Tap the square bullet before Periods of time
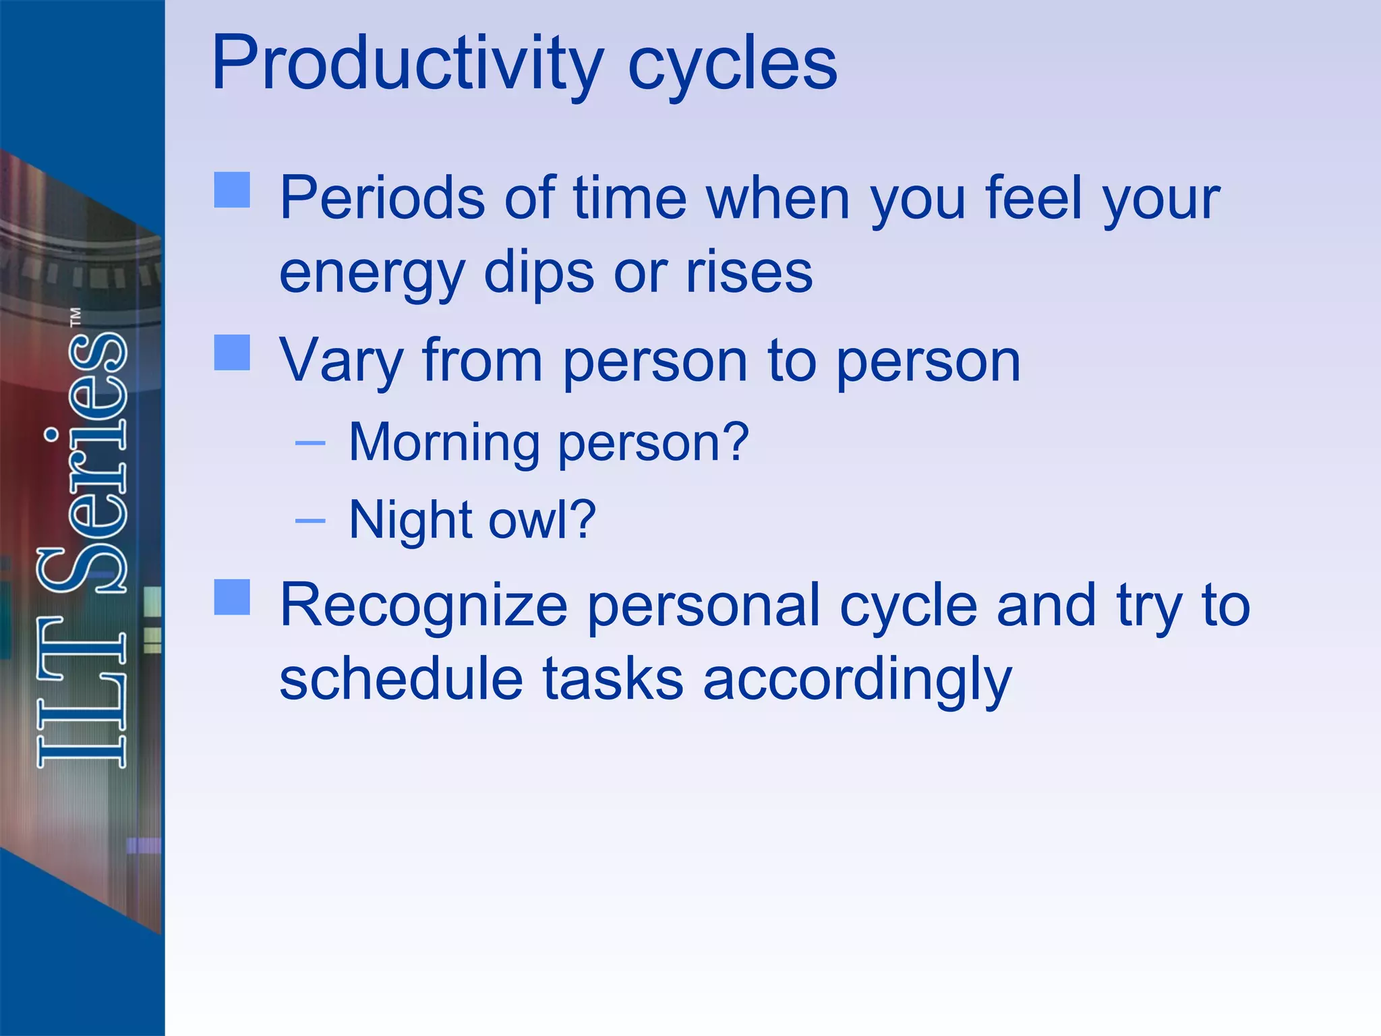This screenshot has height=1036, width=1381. pyautogui.click(x=232, y=190)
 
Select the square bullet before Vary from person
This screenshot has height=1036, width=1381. pyautogui.click(x=232, y=353)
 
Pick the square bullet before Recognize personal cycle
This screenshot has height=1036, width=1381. pyautogui.click(x=232, y=597)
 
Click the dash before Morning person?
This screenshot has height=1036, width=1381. pyautogui.click(x=310, y=443)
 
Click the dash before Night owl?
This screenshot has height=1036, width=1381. pyautogui.click(x=310, y=521)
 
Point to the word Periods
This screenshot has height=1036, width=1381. pyautogui.click(x=382, y=198)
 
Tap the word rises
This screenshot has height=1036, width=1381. pyautogui.click(x=748, y=272)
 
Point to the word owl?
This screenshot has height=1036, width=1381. pyautogui.click(x=542, y=520)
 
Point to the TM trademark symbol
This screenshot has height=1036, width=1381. pyautogui.click(x=76, y=317)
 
